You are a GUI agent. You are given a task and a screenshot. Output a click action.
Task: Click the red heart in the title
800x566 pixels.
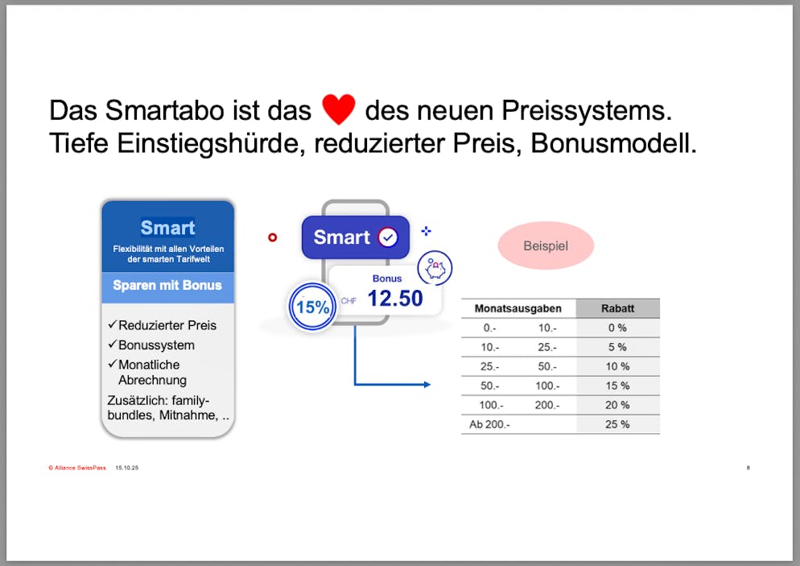[338, 109]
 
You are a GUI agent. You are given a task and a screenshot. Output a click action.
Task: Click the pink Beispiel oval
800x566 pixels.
[546, 246]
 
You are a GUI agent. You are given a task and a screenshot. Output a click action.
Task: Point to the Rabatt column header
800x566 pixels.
[617, 308]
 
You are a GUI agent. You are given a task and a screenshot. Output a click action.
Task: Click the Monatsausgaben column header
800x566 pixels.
[518, 308]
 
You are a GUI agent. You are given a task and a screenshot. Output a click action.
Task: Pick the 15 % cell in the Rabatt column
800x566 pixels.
[617, 386]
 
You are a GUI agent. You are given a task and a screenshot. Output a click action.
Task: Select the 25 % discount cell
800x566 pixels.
[617, 424]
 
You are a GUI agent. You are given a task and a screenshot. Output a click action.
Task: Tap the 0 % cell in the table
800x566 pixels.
[617, 328]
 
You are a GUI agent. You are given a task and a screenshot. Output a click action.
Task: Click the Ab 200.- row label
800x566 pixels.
[489, 424]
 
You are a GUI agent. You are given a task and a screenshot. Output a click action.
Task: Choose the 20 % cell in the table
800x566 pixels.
[617, 405]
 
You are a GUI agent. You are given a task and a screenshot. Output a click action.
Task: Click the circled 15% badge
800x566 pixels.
[312, 308]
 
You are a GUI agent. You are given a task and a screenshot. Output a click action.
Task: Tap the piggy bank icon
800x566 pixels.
[435, 268]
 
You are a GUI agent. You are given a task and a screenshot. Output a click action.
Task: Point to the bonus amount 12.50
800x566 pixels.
[394, 299]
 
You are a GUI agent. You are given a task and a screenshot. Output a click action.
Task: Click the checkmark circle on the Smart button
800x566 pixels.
[388, 238]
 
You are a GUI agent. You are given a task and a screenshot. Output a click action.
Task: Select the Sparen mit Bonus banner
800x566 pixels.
[167, 286]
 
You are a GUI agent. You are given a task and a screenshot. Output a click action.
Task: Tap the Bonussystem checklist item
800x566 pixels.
[156, 345]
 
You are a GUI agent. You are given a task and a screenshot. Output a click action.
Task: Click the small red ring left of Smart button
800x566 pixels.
[272, 238]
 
